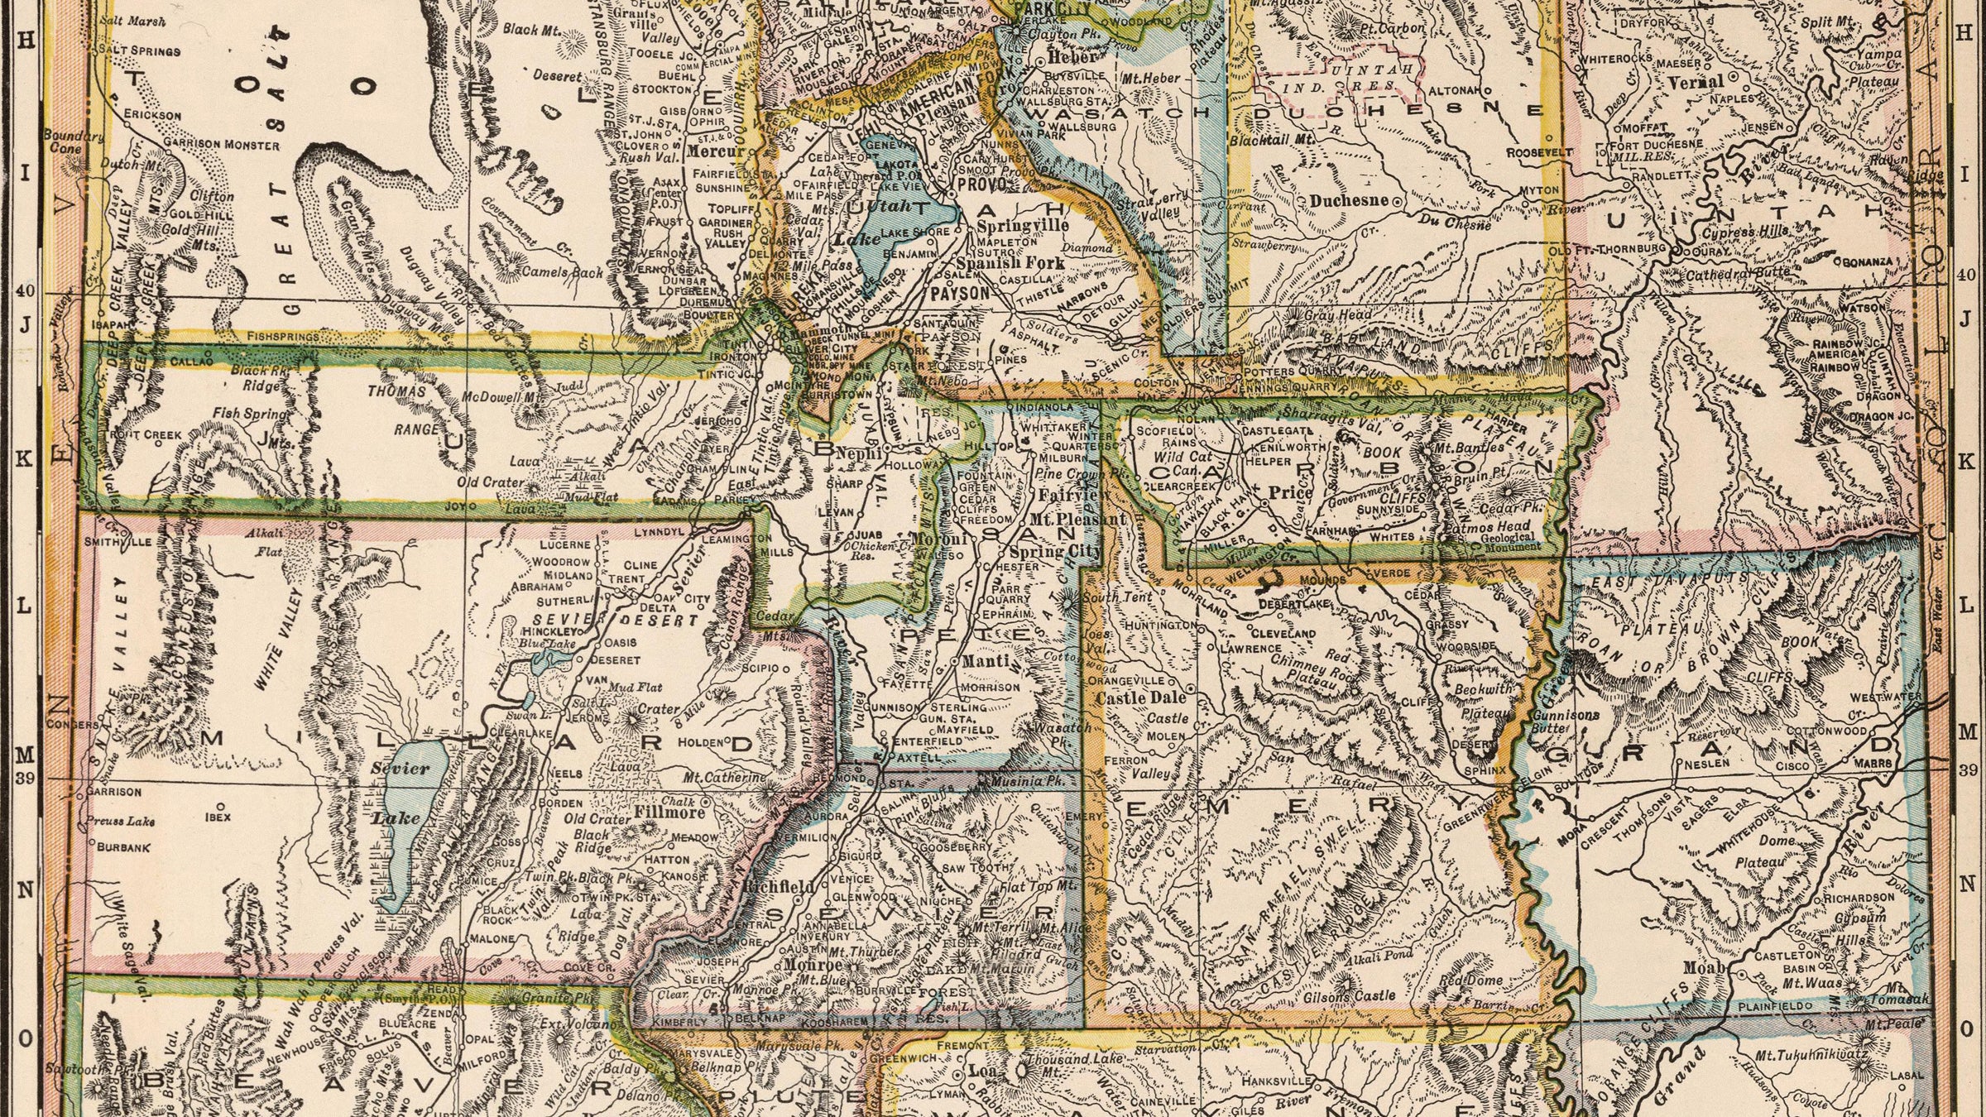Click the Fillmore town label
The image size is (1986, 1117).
[669, 812]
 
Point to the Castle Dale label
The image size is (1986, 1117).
[1139, 698]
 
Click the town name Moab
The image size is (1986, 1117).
[1704, 967]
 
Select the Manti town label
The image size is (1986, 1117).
[986, 661]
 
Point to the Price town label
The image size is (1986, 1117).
[1290, 493]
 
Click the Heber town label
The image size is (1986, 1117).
[1072, 57]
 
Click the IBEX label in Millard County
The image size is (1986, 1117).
[218, 816]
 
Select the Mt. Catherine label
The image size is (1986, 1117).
[724, 778]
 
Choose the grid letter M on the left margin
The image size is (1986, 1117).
[25, 755]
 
